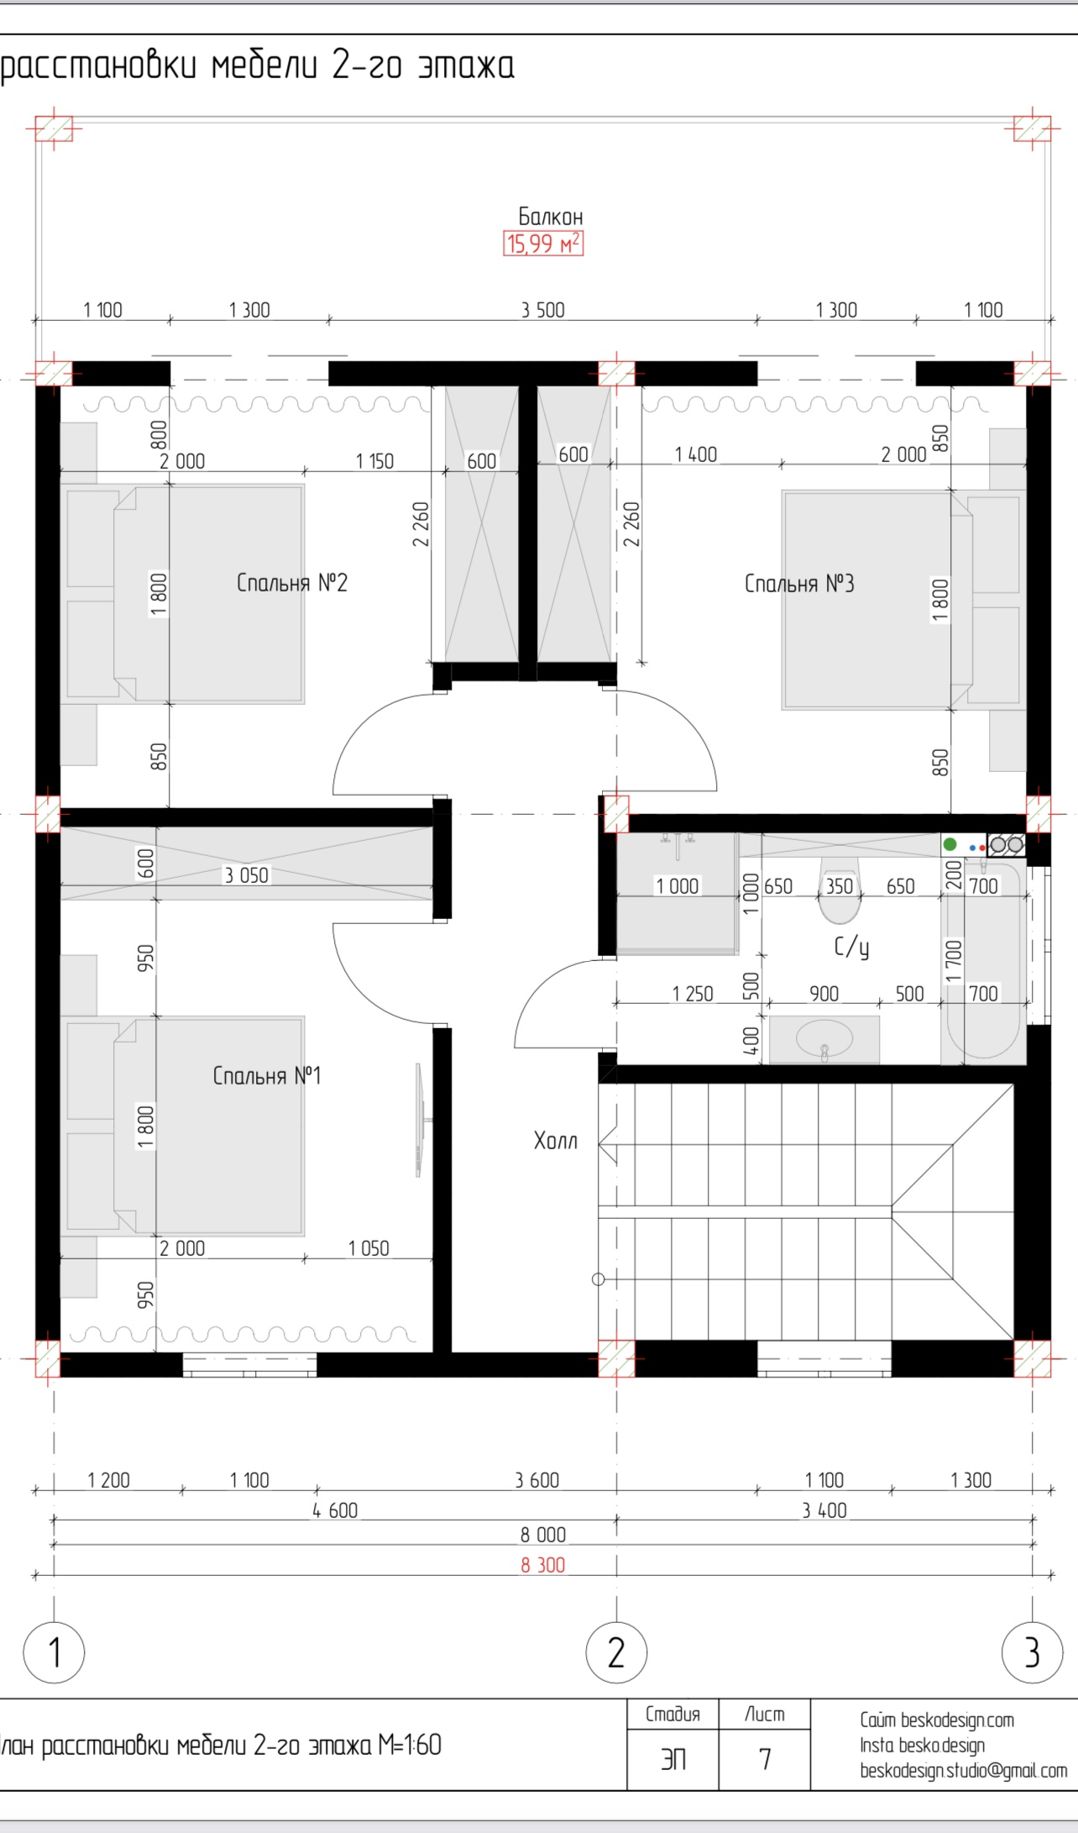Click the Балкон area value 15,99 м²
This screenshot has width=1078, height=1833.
point(543,244)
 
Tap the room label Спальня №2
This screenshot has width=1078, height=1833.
point(292,582)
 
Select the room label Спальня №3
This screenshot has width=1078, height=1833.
point(799,583)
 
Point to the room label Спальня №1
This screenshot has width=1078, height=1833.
point(267,1075)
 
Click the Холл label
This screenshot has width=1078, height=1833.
point(556,1140)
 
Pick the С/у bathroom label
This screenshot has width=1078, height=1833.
point(851,948)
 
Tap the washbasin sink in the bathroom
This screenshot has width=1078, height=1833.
point(824,1039)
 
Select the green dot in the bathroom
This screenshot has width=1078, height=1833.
point(950,844)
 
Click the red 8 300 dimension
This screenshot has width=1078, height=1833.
point(543,1565)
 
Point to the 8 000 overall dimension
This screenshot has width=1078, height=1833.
point(543,1535)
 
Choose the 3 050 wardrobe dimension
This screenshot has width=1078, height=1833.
point(246,875)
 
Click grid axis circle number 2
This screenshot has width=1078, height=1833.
point(616,1652)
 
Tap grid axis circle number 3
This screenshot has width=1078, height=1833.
point(1033,1652)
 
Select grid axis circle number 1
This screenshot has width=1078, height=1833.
point(55,1652)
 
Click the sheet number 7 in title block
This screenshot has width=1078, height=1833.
point(765,1758)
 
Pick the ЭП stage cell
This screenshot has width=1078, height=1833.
point(673,1758)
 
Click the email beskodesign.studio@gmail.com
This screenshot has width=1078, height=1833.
point(964,1771)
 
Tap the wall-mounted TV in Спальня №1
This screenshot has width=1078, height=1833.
point(420,1120)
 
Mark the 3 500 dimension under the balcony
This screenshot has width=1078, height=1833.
point(543,310)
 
